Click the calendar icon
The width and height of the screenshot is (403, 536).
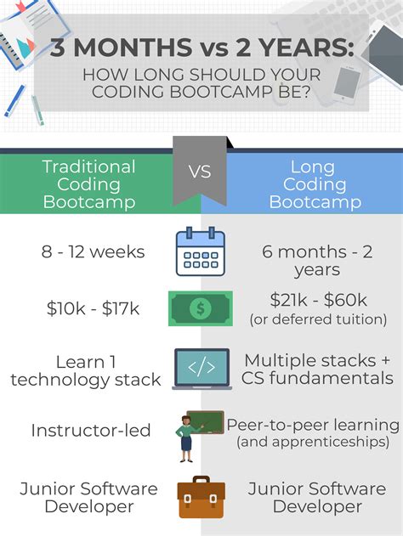(x=201, y=251)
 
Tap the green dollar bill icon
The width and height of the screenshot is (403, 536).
(x=201, y=307)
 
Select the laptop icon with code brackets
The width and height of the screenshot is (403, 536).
(x=201, y=368)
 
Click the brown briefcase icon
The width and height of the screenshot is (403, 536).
(x=201, y=499)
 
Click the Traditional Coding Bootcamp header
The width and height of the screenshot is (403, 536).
(x=88, y=184)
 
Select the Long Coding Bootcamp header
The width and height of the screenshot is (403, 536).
(x=313, y=184)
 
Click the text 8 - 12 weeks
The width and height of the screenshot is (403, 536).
(x=94, y=251)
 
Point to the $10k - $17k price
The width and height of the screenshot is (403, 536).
(x=94, y=307)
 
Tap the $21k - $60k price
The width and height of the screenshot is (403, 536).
(x=318, y=300)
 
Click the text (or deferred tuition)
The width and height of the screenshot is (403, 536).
(x=318, y=319)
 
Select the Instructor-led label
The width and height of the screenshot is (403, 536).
(x=91, y=430)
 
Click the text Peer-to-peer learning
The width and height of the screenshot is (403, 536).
(x=313, y=424)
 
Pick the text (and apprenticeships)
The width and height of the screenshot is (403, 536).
(x=313, y=442)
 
